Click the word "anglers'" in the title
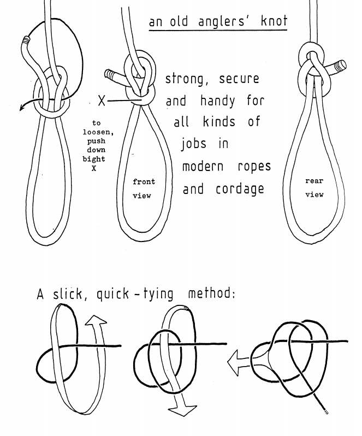pos(219,23)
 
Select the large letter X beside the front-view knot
pos(101,101)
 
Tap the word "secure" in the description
pos(239,79)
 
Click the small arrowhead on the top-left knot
pos(23,108)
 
